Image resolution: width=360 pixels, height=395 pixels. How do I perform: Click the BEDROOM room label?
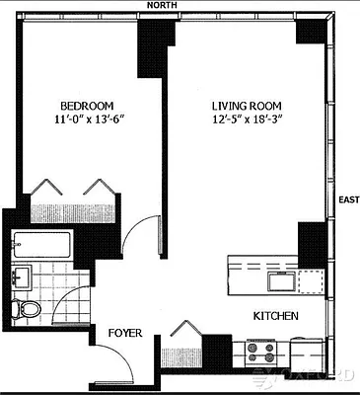87,106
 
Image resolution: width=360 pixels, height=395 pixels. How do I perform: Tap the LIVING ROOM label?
247,106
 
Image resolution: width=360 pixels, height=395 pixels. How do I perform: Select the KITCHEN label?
276,316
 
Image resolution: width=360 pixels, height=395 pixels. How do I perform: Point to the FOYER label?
125,333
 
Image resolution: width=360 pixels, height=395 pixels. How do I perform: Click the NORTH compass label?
162,5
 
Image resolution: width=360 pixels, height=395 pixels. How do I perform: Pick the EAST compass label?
349,199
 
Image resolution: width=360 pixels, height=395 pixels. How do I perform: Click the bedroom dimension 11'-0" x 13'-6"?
91,119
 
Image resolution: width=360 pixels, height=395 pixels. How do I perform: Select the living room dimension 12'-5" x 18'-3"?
248,119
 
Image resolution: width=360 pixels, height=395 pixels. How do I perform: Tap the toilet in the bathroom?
27,308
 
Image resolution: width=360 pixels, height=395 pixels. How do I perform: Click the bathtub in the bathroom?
41,245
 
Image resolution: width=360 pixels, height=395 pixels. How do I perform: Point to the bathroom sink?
22,277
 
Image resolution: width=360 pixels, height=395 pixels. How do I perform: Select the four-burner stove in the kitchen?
261,354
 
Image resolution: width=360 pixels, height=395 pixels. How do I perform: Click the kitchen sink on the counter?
282,281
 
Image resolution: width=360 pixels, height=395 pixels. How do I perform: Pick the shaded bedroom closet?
73,213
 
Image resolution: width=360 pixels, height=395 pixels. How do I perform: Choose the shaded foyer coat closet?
181,357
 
